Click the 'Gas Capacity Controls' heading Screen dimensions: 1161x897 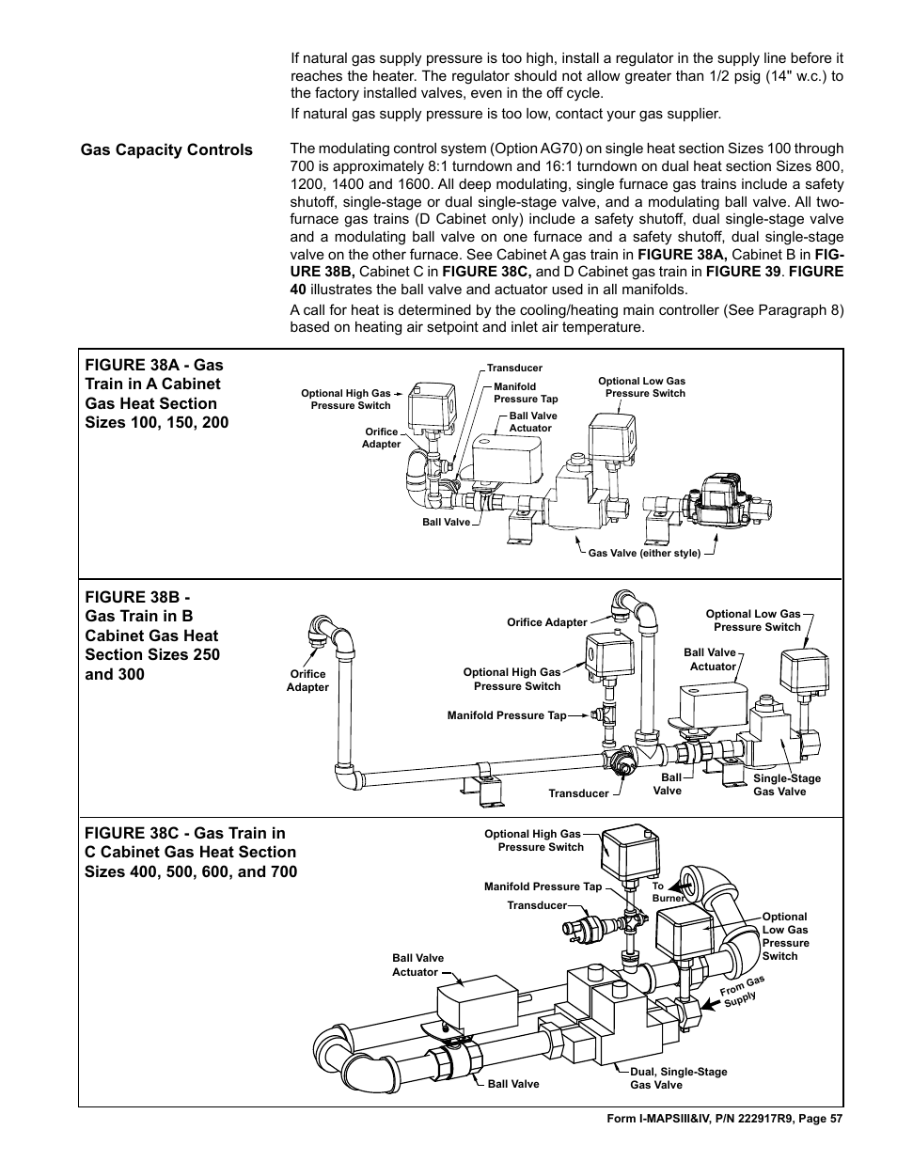point(166,150)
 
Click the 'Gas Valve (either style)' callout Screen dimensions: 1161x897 point(644,554)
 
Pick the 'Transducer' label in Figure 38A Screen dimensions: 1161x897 point(514,369)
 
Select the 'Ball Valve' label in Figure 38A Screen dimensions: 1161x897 point(446,523)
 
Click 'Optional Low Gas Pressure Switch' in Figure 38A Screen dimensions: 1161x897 point(641,387)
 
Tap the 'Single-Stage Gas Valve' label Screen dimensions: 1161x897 point(786,785)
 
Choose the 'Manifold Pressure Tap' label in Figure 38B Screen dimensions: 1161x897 point(507,716)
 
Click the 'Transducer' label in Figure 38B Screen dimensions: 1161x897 point(578,793)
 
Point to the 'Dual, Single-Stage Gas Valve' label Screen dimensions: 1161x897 point(678,1078)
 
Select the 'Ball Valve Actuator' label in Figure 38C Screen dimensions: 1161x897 point(417,965)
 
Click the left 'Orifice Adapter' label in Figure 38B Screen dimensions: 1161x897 point(307,681)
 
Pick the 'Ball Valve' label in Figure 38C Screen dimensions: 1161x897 point(513,1084)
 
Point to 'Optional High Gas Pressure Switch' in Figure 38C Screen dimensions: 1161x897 point(533,840)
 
